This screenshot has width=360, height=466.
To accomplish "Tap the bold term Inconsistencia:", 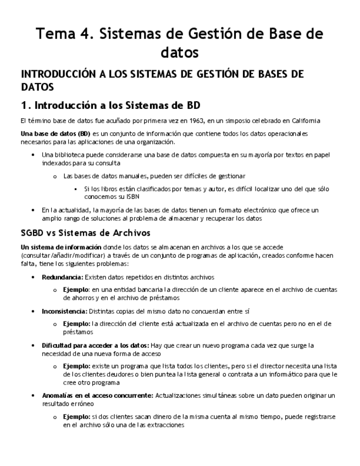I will (64, 311).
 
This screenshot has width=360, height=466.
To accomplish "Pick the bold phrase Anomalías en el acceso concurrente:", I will (98, 395).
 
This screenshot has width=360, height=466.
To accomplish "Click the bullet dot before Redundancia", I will (34, 278).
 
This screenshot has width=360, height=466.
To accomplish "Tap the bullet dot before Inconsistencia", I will (34, 312).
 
